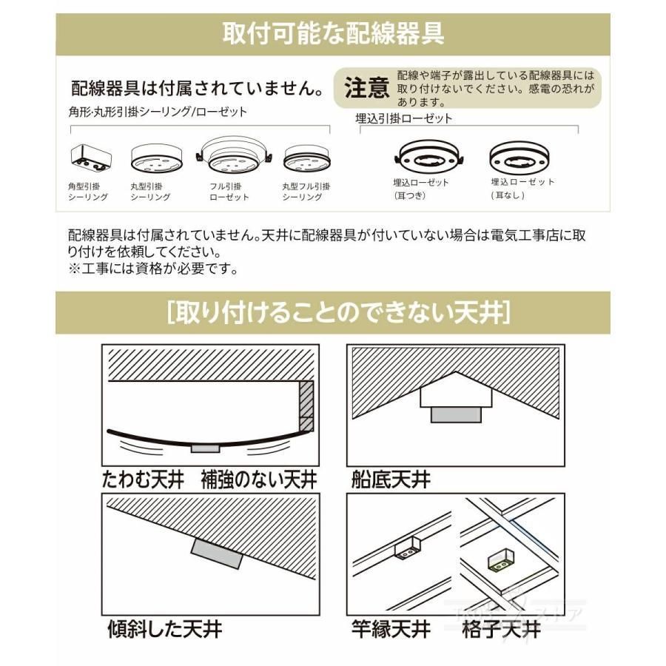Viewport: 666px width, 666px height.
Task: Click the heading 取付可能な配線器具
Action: (334, 33)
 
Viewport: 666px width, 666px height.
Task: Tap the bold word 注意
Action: (367, 88)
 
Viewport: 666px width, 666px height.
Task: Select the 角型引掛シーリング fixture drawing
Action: (91, 158)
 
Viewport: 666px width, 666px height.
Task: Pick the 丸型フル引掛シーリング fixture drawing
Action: (306, 158)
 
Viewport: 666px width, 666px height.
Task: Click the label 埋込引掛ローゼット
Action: (404, 118)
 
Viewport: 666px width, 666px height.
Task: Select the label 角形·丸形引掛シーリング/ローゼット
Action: (158, 112)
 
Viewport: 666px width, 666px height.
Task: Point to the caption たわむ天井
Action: (143, 480)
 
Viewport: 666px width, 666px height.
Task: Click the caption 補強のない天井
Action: (259, 480)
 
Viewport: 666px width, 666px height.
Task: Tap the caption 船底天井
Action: (391, 480)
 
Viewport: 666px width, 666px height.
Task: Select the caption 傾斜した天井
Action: (165, 630)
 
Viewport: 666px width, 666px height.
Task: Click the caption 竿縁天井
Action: (391, 630)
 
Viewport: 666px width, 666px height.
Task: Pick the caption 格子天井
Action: (501, 630)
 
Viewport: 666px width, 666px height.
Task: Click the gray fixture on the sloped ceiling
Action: (217, 554)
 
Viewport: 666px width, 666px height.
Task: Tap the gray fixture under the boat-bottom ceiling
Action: (456, 415)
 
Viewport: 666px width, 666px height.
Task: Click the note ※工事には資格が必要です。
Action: (153, 269)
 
